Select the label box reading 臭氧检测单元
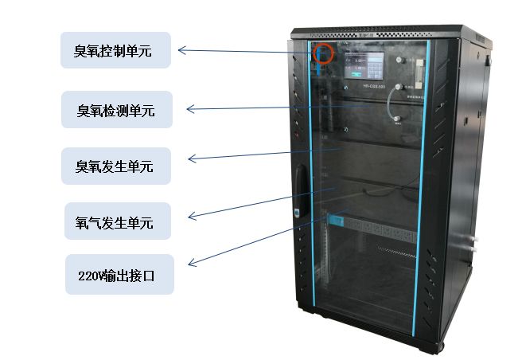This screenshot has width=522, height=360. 117,110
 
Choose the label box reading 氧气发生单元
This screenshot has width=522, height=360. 117,221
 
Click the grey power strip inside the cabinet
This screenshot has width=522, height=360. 374,227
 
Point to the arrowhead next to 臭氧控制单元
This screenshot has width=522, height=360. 182,50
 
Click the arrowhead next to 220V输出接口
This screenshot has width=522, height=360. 189,264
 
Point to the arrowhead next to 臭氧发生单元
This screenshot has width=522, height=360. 189,159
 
